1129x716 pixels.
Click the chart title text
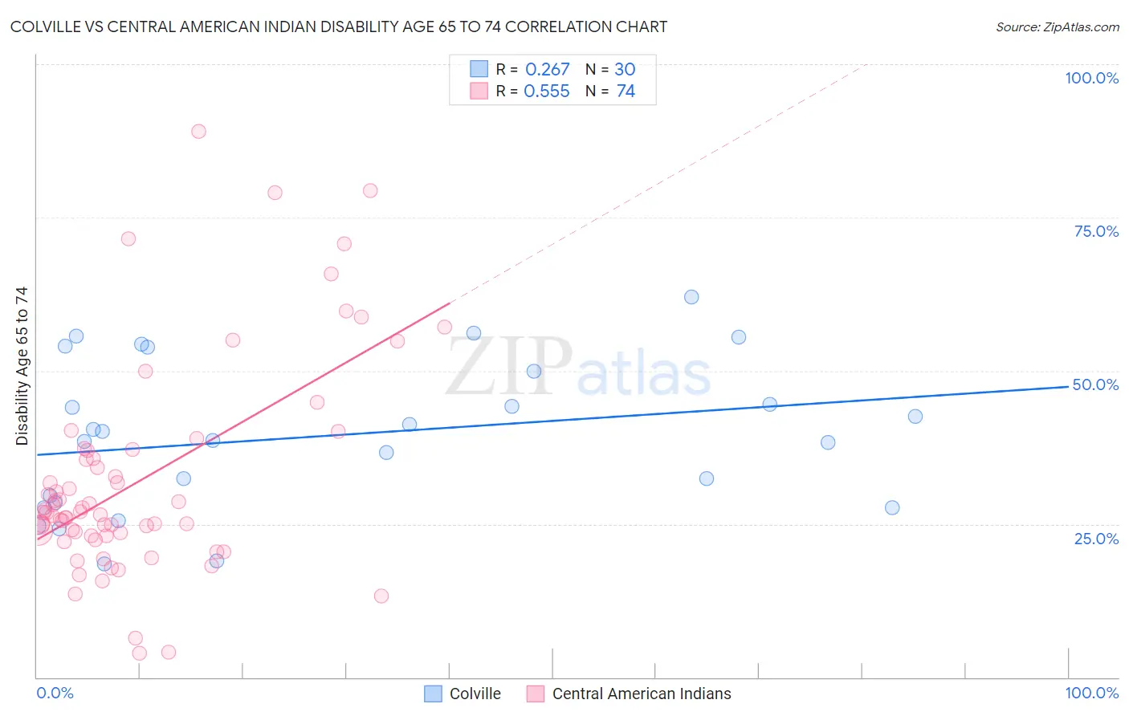338,27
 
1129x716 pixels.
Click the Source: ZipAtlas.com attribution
1057,27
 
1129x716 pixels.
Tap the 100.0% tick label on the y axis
1091,78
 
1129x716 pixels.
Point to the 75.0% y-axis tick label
1096,231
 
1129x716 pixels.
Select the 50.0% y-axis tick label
1095,384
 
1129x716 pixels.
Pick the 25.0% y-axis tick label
1096,539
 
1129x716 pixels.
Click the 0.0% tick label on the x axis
55,693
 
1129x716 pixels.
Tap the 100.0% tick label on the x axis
1091,693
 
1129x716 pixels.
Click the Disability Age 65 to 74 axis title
22,365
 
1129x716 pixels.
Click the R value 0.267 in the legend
547,70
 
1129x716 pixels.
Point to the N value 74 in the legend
626,92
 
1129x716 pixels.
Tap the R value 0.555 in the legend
547,92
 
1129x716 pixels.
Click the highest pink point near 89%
198,131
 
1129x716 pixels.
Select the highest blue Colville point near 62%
691,297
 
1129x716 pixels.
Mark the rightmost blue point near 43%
915,417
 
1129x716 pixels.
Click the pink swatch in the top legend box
479,91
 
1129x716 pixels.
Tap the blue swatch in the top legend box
479,69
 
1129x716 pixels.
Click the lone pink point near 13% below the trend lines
381,596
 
